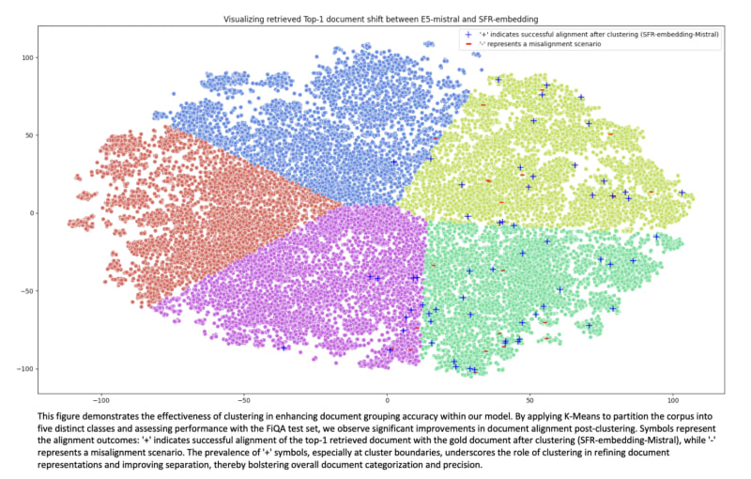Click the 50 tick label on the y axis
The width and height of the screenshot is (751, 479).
pos(28,135)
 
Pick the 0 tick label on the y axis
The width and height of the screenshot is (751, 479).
pos(32,213)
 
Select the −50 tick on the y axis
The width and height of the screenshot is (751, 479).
pos(26,290)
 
